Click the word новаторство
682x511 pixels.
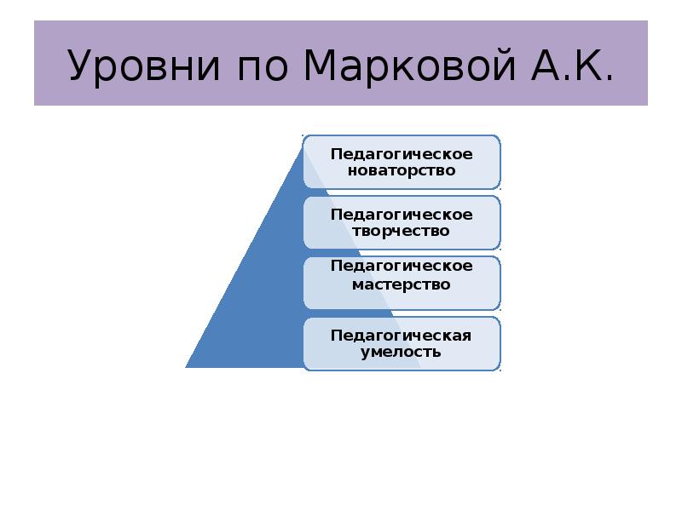click(402, 170)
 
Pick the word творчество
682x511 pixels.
click(402, 231)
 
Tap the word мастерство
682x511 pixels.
click(402, 284)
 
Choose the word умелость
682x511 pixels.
click(402, 352)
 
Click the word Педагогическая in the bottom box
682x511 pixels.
click(402, 335)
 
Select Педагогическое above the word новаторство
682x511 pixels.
click(402, 153)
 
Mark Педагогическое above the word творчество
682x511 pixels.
click(402, 214)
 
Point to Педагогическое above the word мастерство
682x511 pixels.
click(402, 266)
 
